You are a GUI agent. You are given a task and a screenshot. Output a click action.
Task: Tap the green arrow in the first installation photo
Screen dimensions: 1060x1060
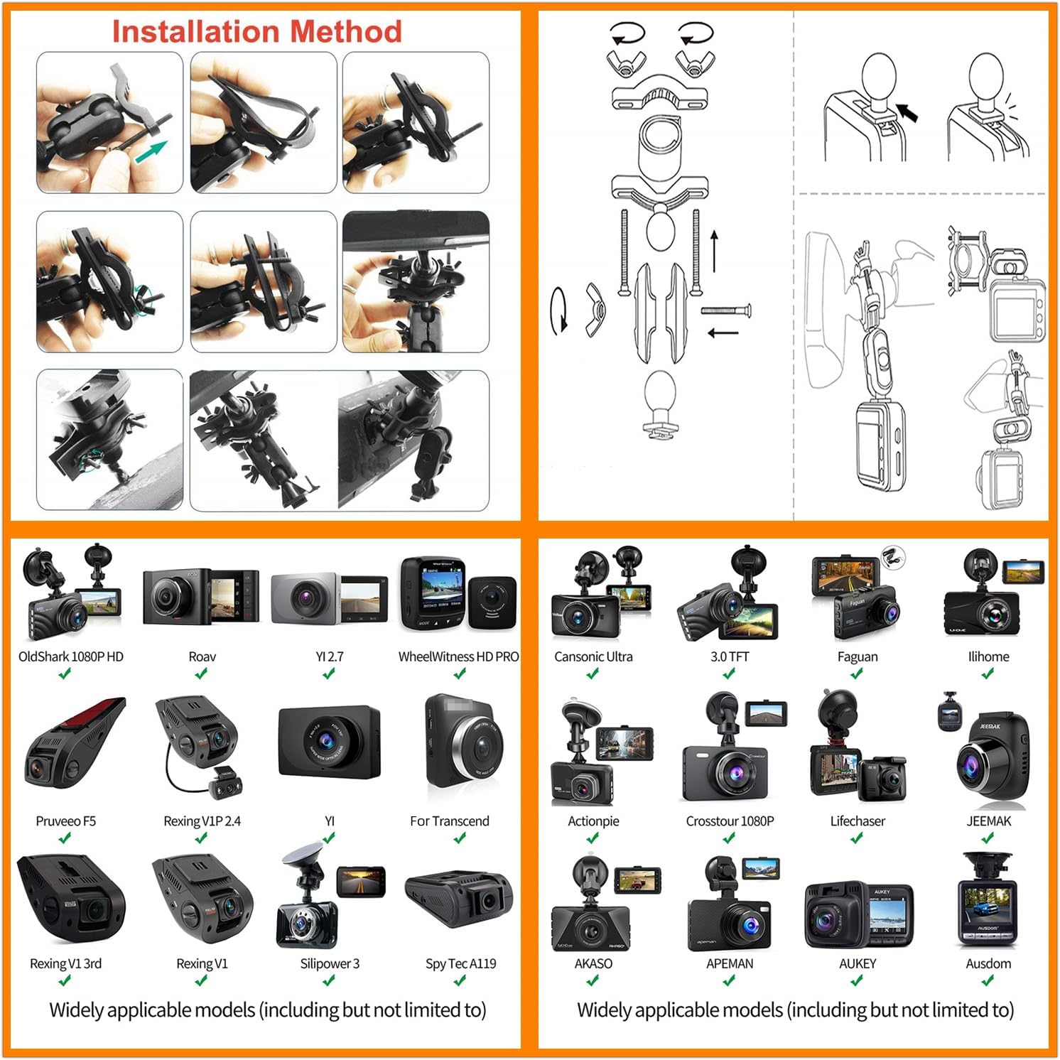[151, 151]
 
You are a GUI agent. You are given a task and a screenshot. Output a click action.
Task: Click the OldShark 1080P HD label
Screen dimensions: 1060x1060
[70, 656]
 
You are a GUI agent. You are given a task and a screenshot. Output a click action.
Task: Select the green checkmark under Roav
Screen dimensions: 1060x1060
[202, 674]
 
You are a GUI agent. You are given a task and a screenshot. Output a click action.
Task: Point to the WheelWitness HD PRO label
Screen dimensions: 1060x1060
[458, 656]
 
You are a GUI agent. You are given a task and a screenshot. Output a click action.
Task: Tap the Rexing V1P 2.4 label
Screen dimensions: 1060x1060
[202, 821]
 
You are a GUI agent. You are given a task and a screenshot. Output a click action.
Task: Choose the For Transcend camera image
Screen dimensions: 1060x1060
[463, 746]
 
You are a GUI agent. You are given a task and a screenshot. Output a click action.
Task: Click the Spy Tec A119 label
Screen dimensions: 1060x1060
[460, 963]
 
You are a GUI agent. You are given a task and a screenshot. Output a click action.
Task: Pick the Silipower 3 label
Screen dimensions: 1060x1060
[330, 963]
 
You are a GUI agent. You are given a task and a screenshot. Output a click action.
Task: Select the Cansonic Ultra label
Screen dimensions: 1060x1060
[593, 656]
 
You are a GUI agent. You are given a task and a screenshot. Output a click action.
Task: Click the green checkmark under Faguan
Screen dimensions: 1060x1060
[857, 674]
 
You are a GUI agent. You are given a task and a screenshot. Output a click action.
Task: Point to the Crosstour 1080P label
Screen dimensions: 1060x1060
[730, 821]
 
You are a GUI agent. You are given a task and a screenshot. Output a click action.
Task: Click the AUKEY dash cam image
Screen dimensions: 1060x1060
[858, 916]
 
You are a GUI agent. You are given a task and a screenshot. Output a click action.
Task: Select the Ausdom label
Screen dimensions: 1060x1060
[988, 963]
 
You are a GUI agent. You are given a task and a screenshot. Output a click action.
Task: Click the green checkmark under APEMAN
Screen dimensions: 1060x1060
[730, 980]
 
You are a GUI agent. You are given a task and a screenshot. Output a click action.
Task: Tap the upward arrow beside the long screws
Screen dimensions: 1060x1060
[714, 251]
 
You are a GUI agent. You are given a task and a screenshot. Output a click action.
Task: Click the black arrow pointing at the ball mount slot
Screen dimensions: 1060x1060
[907, 112]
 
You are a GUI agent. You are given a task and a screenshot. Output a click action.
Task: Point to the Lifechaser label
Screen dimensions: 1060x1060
[858, 821]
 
